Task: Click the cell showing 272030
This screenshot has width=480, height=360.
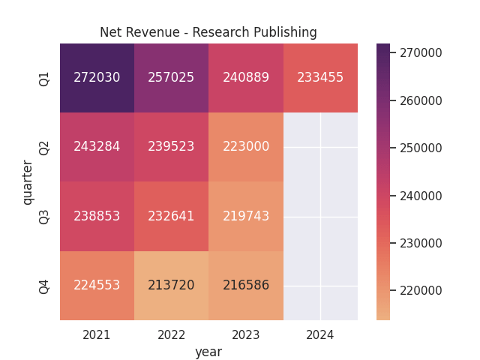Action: click(97, 78)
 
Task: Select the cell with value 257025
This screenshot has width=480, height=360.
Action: click(171, 78)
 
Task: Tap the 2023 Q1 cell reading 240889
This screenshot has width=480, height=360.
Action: click(246, 78)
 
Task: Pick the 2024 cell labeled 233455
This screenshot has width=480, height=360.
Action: click(320, 78)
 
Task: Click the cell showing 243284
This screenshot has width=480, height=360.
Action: click(97, 147)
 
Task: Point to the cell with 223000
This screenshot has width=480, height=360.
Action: click(246, 147)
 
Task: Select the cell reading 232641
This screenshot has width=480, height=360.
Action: click(171, 216)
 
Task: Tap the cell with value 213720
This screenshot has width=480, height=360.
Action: click(171, 285)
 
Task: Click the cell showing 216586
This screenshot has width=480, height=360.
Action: click(246, 285)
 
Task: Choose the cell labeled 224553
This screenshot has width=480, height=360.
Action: click(97, 285)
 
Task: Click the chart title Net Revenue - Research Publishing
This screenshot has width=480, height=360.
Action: click(208, 32)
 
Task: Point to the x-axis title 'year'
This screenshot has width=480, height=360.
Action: click(208, 352)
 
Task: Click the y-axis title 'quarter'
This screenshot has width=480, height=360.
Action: click(28, 182)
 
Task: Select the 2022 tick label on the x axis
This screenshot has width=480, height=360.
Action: click(171, 335)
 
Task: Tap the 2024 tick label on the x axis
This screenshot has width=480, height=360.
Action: click(320, 335)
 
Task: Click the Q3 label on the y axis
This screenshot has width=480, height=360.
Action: click(44, 216)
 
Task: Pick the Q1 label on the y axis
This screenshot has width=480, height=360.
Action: click(44, 78)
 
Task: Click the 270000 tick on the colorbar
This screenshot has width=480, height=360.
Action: click(421, 52)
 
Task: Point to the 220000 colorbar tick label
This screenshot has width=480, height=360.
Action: click(421, 290)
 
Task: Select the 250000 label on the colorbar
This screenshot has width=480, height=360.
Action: click(421, 148)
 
